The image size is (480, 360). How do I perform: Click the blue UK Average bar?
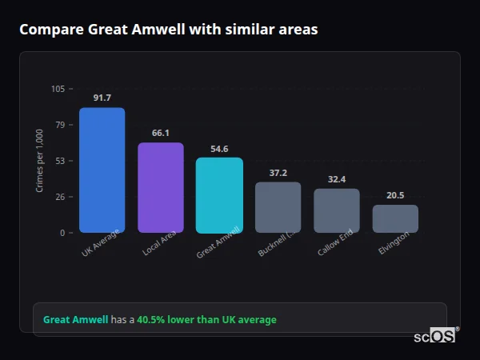pos(102,170)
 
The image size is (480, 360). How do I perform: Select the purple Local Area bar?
pos(161,187)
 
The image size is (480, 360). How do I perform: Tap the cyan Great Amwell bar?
pos(219,194)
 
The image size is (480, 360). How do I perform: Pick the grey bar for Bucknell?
pos(278,207)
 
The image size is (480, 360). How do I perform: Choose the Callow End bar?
pos(337,210)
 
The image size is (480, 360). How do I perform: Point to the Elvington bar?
pos(395,218)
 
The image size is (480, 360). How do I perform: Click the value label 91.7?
pos(102,98)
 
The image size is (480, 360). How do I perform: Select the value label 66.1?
pos(161,133)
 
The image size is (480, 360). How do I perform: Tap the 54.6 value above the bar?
pos(219,149)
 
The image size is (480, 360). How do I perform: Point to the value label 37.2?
pos(278,173)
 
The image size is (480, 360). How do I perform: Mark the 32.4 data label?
pos(337,179)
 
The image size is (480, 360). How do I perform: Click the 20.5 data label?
pos(395,195)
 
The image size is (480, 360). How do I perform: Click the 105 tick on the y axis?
pos(58,89)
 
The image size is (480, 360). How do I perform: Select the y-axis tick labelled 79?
pos(61,125)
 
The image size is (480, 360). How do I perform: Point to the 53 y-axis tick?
pos(61,161)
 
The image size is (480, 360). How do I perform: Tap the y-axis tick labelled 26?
pos(61,197)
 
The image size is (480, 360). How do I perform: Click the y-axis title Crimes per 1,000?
pos(40,161)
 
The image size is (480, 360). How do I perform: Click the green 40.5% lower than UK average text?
pos(206,320)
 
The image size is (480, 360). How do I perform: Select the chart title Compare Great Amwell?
pos(169,30)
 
